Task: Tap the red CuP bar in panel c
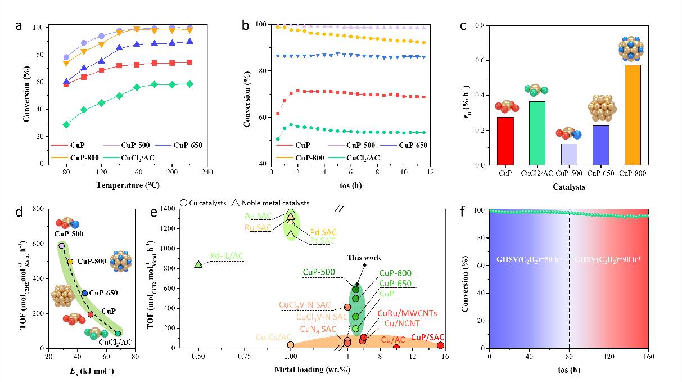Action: pyautogui.click(x=505, y=141)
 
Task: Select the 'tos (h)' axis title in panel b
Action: pyautogui.click(x=349, y=185)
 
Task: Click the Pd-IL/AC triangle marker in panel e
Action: pyautogui.click(x=198, y=264)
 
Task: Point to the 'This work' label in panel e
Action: pyautogui.click(x=363, y=258)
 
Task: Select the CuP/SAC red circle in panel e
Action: pyautogui.click(x=440, y=345)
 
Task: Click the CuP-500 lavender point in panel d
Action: pyautogui.click(x=62, y=246)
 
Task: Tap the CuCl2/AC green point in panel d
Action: pyautogui.click(x=118, y=334)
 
